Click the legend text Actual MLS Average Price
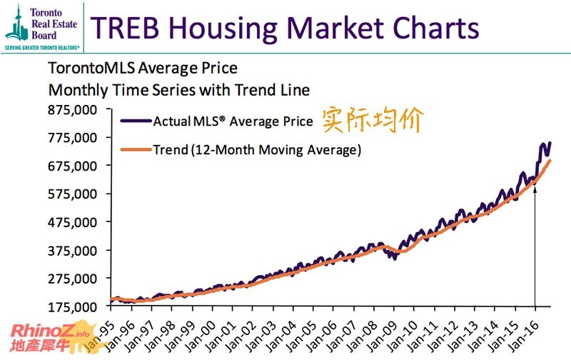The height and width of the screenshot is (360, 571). (x=233, y=121)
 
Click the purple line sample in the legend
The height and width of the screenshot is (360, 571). (x=136, y=121)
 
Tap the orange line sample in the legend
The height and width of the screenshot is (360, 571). (x=136, y=150)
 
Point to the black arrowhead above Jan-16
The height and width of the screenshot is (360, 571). (x=535, y=191)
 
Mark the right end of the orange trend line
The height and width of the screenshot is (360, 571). (x=550, y=161)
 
